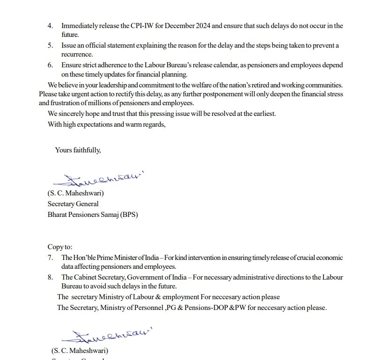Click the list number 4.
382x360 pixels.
(x=50, y=26)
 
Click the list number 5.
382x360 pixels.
(x=50, y=45)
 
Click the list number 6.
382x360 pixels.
(x=50, y=65)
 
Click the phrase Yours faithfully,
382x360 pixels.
(x=78, y=150)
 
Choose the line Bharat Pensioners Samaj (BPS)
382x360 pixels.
(x=93, y=215)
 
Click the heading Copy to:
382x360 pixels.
(x=60, y=247)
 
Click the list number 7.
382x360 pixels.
(x=50, y=258)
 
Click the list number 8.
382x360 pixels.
(x=50, y=277)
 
